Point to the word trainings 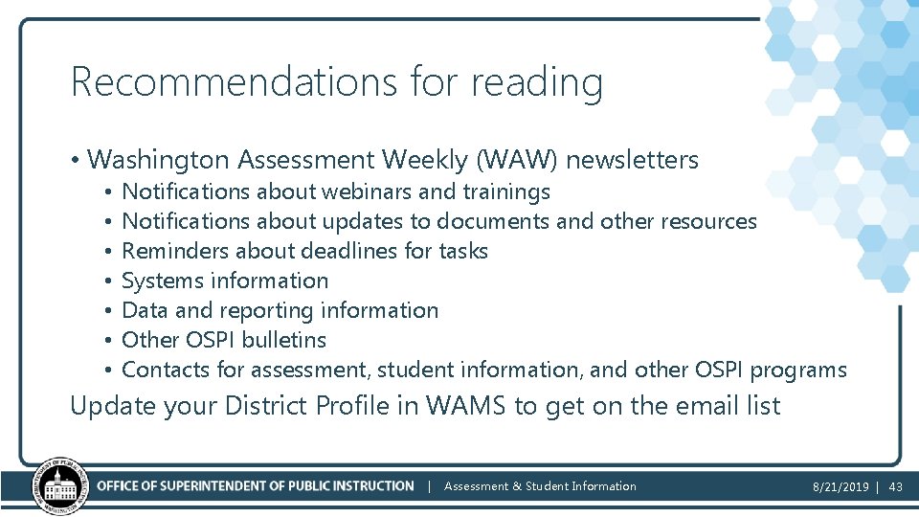(x=506, y=192)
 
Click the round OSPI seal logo (x=60, y=486)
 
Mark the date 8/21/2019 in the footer (x=839, y=486)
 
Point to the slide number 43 (x=896, y=486)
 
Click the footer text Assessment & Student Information (x=540, y=486)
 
